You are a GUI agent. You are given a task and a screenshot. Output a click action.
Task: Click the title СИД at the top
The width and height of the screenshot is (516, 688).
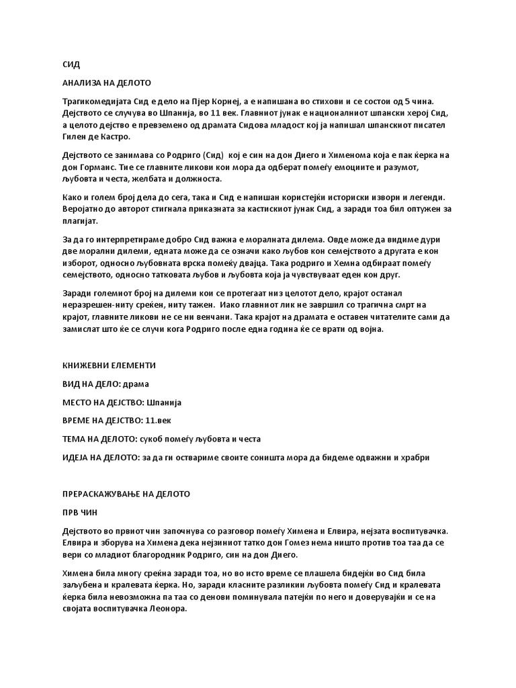(71, 64)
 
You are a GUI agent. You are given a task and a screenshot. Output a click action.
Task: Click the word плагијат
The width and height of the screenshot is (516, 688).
(80, 221)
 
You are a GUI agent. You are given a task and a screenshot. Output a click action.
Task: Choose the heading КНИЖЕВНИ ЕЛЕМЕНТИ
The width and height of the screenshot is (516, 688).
(109, 365)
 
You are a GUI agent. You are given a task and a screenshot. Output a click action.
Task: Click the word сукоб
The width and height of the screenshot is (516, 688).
(153, 439)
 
